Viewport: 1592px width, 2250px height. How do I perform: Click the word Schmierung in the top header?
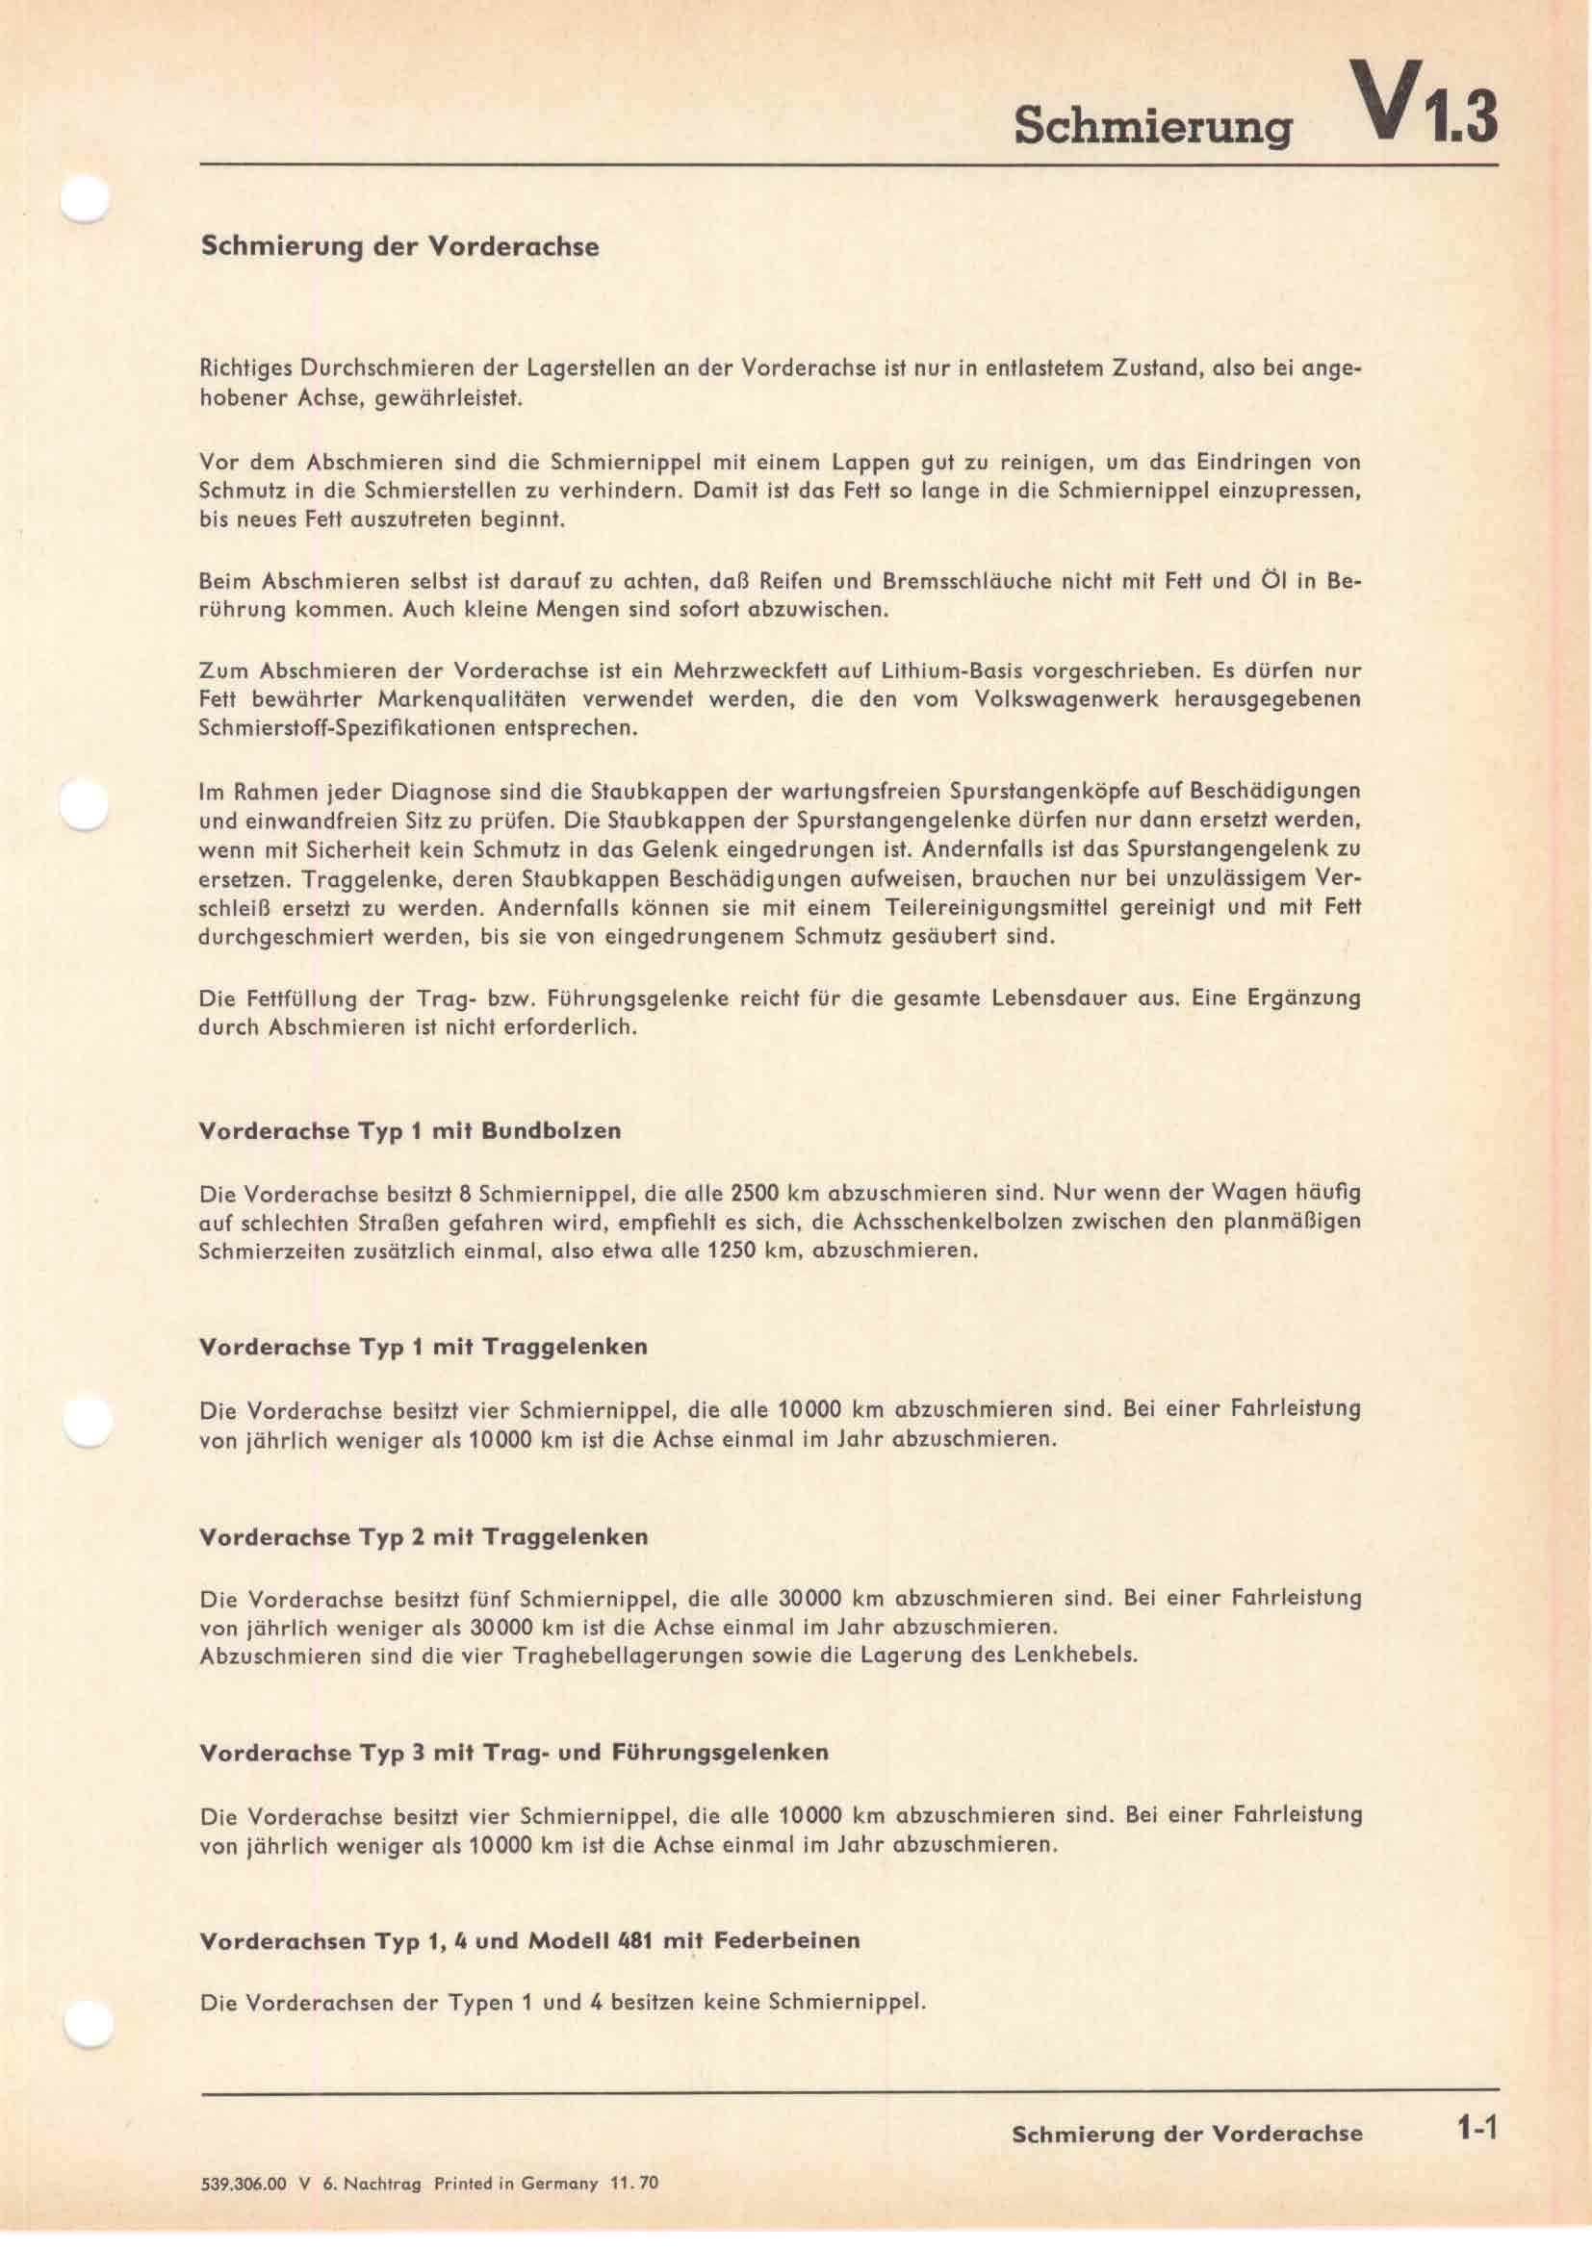point(1152,126)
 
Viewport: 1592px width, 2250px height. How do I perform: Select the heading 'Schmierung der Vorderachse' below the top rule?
point(399,246)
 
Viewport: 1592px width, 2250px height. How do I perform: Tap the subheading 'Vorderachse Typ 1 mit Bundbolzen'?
point(410,1131)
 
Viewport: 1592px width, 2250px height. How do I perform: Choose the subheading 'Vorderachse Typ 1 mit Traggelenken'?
point(423,1347)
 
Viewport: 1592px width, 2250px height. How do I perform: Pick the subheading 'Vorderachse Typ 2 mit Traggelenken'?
point(423,1536)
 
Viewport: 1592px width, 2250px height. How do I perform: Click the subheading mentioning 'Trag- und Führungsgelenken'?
point(513,1752)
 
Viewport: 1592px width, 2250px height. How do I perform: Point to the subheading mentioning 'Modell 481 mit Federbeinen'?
point(529,1940)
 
